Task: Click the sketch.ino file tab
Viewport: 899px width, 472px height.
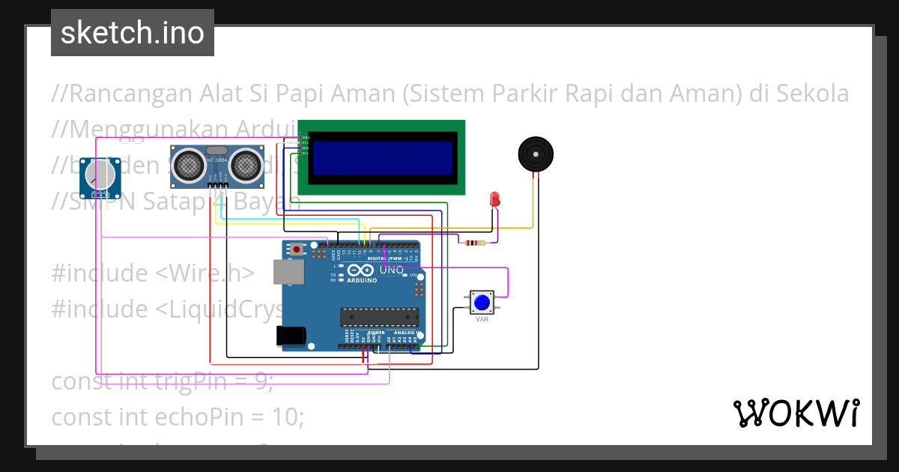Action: [133, 33]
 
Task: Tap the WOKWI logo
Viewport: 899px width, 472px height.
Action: [796, 413]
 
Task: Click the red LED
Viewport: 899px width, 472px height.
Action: [494, 199]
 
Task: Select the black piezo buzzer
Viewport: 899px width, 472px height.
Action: [536, 154]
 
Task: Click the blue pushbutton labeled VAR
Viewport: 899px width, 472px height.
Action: [481, 303]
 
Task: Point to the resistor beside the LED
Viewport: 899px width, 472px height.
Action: [474, 242]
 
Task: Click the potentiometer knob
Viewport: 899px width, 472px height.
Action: [100, 177]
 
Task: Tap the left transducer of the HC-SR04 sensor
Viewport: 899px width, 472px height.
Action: [187, 164]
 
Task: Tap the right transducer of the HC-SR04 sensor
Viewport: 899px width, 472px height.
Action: [245, 164]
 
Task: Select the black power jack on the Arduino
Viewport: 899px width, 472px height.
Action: [291, 335]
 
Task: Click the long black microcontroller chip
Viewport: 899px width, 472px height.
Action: [378, 317]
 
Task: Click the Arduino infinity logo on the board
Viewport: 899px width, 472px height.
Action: [360, 271]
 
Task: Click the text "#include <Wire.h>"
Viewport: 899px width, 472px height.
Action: [153, 273]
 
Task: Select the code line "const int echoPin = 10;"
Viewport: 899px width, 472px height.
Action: [178, 416]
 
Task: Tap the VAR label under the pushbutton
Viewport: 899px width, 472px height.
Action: [482, 319]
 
